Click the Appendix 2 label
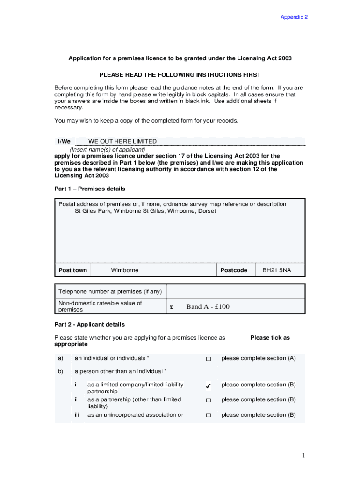click(x=294, y=17)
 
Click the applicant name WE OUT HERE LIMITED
click(x=122, y=141)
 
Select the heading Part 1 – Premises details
click(x=90, y=189)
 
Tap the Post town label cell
click(x=72, y=270)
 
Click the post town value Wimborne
click(x=124, y=270)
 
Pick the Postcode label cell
click(x=234, y=270)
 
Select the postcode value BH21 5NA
click(x=276, y=270)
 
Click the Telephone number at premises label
click(x=110, y=292)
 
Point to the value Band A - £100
click(x=208, y=307)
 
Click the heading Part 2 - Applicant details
click(x=90, y=324)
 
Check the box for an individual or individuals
click(x=209, y=359)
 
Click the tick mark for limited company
click(x=208, y=386)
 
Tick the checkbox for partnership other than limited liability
click(x=209, y=400)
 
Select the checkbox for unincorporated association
click(x=209, y=415)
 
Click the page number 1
click(x=303, y=456)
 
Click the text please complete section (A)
click(x=258, y=358)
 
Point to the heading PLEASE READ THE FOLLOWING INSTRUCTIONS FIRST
click(x=180, y=75)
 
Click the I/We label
click(x=64, y=141)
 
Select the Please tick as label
click(x=270, y=338)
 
